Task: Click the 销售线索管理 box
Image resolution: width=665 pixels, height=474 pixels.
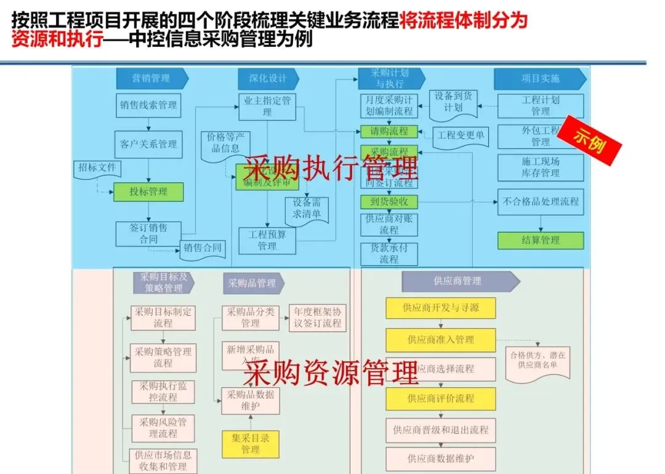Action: click(148, 105)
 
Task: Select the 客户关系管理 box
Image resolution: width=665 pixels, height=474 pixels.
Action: click(148, 144)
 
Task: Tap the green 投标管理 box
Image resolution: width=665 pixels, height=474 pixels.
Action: click(148, 191)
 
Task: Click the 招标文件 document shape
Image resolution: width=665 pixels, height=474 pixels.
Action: click(99, 167)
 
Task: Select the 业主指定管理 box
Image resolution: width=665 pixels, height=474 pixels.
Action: click(267, 106)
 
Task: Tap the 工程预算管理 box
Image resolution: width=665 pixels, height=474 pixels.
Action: click(267, 240)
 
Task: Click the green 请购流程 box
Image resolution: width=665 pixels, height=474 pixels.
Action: click(389, 131)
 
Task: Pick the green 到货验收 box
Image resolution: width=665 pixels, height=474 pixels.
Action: click(389, 201)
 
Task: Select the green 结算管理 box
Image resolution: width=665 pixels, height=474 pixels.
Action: click(540, 240)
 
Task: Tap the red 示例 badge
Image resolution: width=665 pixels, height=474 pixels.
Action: click(594, 140)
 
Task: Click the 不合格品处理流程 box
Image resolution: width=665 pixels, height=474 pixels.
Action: click(540, 201)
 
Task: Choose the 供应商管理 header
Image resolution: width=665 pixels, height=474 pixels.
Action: click(458, 281)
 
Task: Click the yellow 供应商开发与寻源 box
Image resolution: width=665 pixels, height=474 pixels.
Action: click(440, 308)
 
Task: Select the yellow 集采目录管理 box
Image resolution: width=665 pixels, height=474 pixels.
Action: click(250, 444)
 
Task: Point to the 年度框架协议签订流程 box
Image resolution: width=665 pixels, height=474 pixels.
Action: click(317, 317)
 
